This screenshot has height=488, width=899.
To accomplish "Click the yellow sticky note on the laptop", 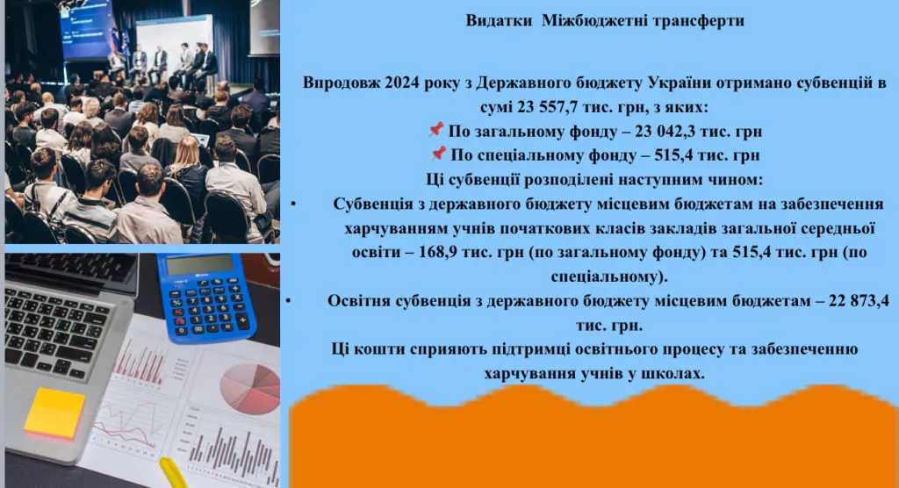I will (54, 412).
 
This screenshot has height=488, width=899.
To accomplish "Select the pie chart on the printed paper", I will (249, 386).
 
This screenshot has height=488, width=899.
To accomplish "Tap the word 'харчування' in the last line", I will (528, 373).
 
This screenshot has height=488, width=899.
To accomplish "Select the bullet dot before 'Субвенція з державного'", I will (292, 205).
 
